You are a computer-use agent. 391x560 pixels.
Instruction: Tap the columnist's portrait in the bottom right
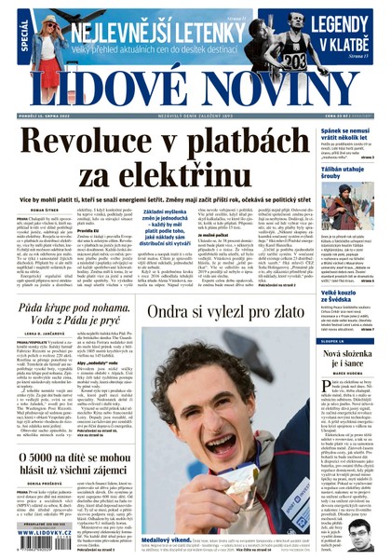click(371, 527)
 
